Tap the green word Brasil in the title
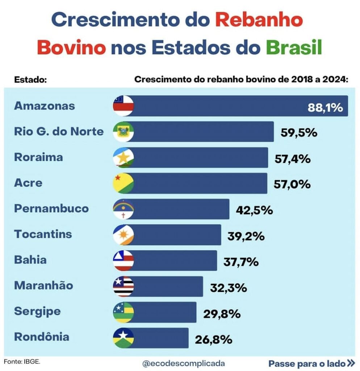tap(294, 48)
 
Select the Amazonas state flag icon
tap(124, 106)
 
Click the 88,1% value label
tap(325, 108)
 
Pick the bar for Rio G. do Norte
tap(203, 132)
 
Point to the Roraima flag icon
tap(124, 158)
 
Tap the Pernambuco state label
tap(51, 209)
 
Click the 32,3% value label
tap(229, 288)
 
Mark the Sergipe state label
tap(37, 311)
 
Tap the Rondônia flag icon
tap(124, 338)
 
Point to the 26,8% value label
tap(213, 340)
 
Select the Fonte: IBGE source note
tap(22, 362)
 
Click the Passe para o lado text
tap(306, 363)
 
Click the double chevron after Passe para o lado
tap(351, 363)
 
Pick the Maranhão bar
tap(167, 286)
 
